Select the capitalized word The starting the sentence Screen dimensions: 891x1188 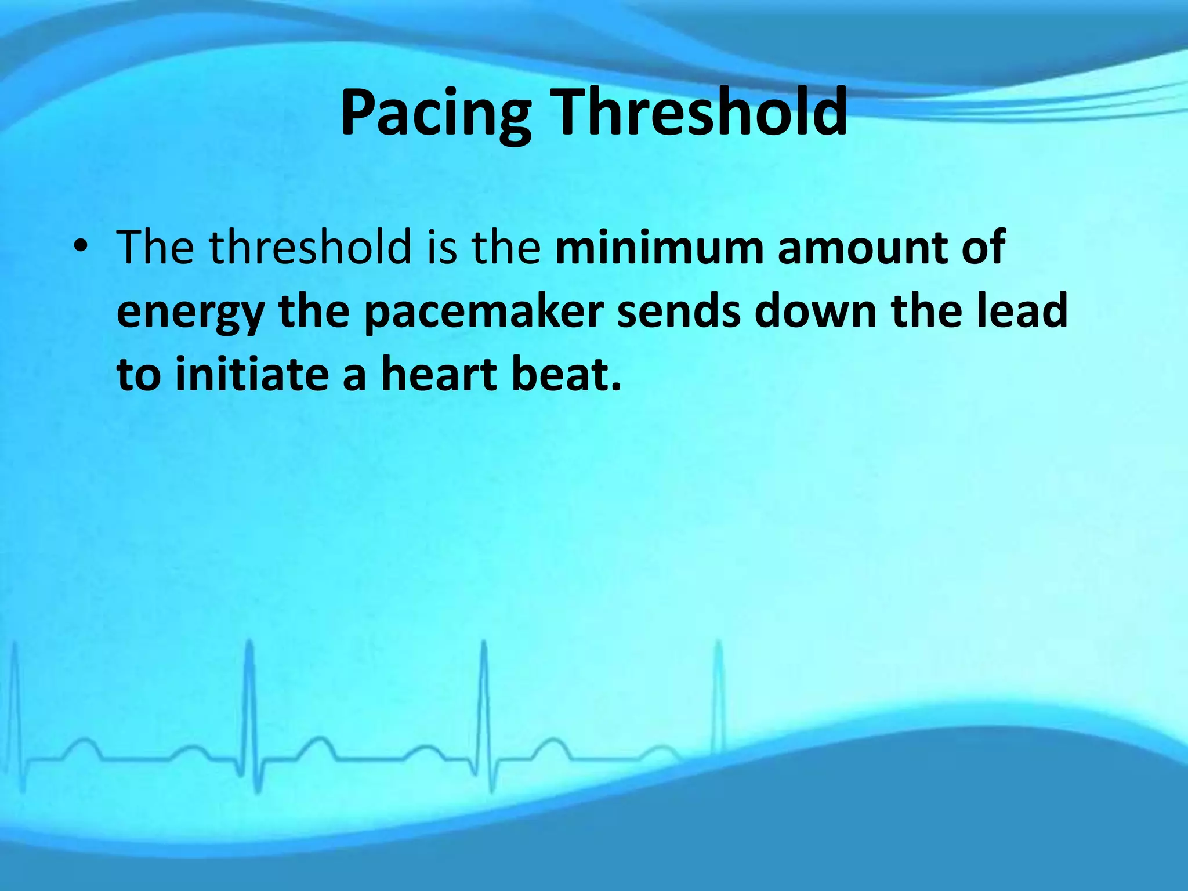(155, 248)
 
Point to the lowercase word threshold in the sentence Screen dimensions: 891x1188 (310, 248)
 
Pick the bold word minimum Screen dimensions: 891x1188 (658, 248)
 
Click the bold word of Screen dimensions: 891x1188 (983, 248)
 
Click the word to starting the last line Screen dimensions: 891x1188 (138, 375)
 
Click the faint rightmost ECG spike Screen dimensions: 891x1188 (719, 696)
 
